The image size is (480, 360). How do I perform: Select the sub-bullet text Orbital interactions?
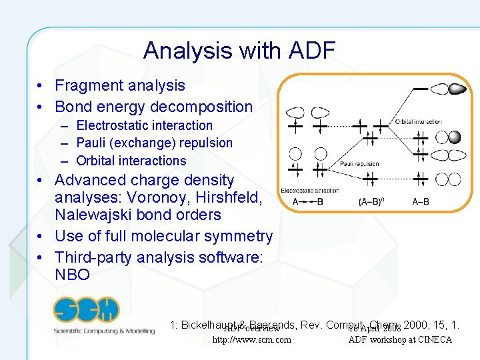point(131,161)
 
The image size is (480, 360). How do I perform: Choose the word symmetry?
point(239,236)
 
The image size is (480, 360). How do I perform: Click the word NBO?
point(72,275)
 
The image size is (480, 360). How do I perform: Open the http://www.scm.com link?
point(251,340)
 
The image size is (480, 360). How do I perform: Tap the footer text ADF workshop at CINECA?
point(400,340)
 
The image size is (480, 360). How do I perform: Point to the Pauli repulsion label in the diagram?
point(359,163)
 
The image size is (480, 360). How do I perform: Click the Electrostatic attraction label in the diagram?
point(310,191)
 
